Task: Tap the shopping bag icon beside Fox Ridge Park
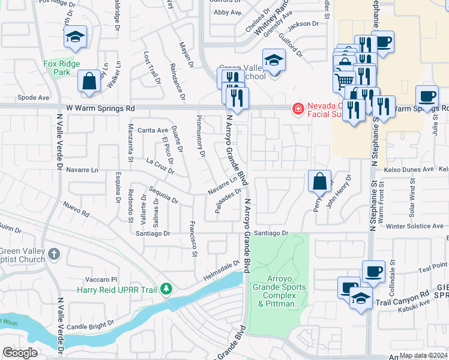(89, 82)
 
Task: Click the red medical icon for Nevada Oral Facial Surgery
(297, 109)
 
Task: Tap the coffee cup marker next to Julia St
(427, 97)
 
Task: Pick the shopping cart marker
(344, 80)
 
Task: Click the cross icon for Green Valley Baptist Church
(53, 253)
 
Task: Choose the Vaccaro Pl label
(100, 280)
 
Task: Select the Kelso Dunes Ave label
(411, 170)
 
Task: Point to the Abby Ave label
(228, 12)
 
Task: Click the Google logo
(20, 353)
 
